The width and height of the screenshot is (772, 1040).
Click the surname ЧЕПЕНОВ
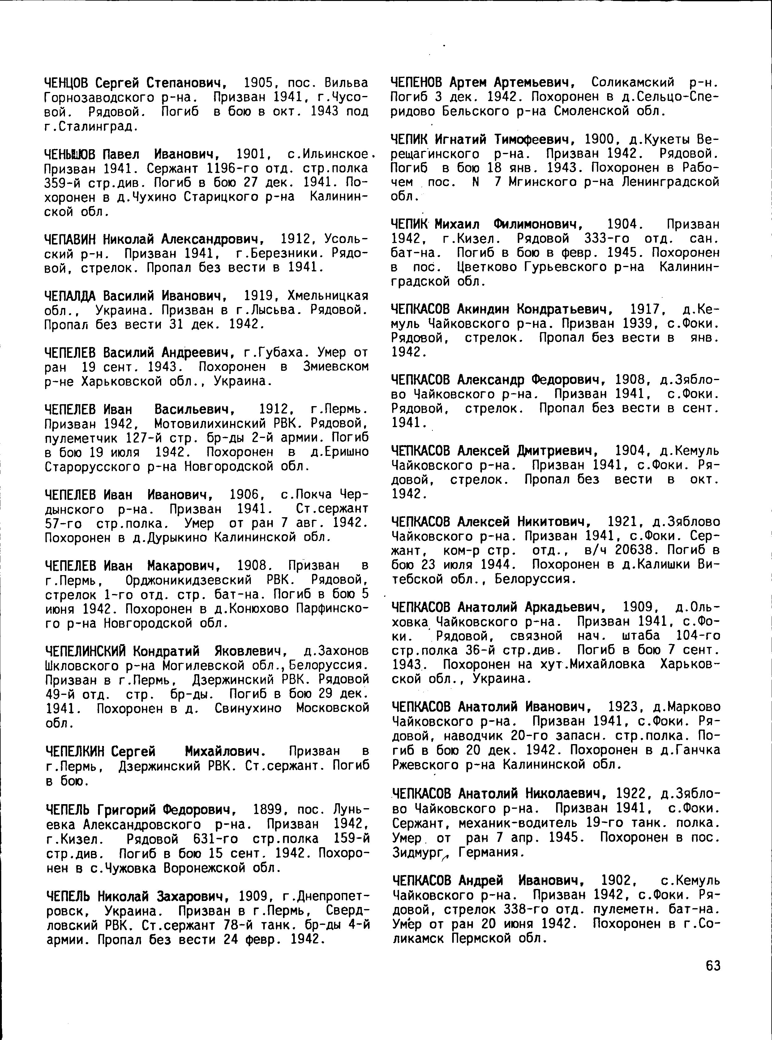point(417,83)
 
